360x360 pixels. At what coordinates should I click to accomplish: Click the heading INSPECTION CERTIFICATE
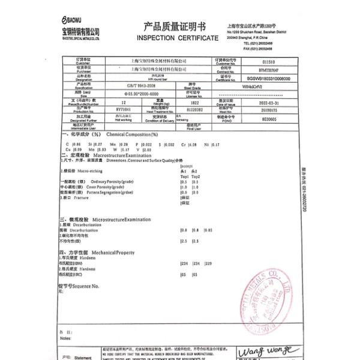[178, 38]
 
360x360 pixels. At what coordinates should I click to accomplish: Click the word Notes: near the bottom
[65, 338]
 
